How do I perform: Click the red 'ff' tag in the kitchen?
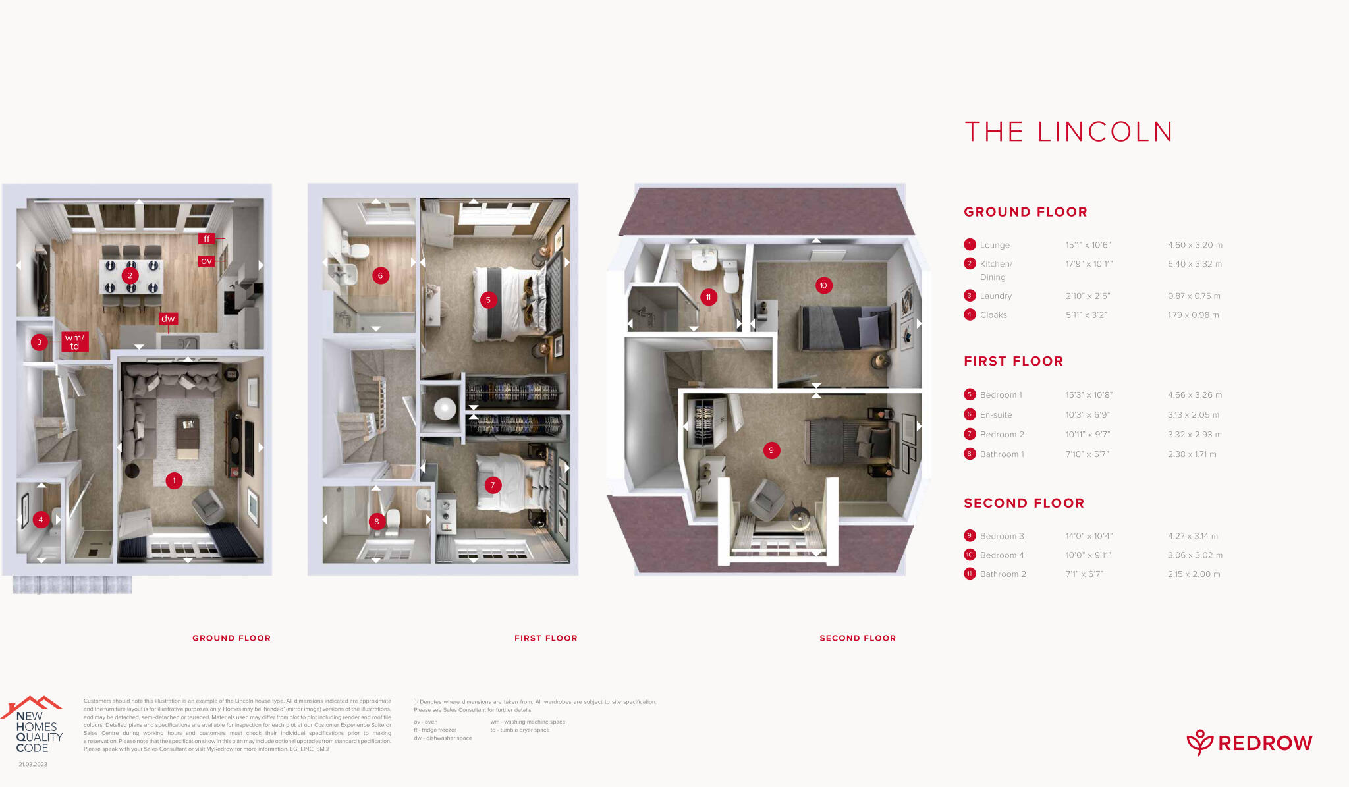[206, 239]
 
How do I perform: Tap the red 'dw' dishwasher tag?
[168, 319]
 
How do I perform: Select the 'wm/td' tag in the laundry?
[74, 342]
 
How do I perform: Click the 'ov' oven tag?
[206, 261]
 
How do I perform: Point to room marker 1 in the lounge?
[174, 481]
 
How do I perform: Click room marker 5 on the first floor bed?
[488, 300]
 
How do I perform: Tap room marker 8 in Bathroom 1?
[377, 522]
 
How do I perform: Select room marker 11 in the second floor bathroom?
[708, 297]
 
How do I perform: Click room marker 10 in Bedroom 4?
[823, 285]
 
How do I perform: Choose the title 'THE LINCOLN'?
[1068, 132]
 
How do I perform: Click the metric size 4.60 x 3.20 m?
[1195, 245]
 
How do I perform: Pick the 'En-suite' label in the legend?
[995, 415]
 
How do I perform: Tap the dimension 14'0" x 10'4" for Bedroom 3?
[1089, 536]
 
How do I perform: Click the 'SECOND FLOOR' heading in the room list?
[1024, 503]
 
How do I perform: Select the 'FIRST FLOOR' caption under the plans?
[545, 638]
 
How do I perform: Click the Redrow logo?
[1249, 743]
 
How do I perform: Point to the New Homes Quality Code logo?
[36, 727]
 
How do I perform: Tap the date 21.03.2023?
[33, 765]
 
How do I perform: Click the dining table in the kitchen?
[131, 277]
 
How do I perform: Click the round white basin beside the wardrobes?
[445, 409]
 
